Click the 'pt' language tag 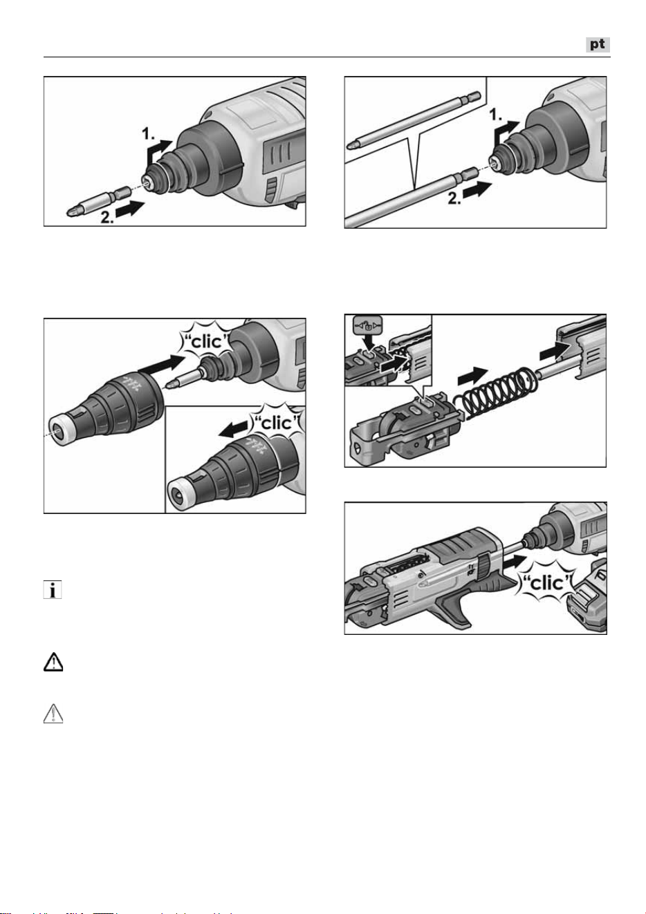click(x=598, y=44)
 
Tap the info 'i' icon click(x=53, y=589)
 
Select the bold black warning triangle click(x=53, y=662)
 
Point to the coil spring click(x=493, y=394)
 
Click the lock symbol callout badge click(x=368, y=325)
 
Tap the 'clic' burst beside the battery click(x=546, y=584)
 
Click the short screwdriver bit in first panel click(x=98, y=202)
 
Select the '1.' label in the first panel click(x=148, y=133)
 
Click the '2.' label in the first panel click(x=107, y=217)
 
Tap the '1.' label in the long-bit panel click(x=496, y=115)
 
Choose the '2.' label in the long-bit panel click(x=455, y=198)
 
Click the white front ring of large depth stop click(x=62, y=432)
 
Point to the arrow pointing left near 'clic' click(x=233, y=429)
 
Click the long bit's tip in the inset click(x=351, y=145)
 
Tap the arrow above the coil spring click(x=472, y=375)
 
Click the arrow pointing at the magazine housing click(x=555, y=350)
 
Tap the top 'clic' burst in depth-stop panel click(x=207, y=342)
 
